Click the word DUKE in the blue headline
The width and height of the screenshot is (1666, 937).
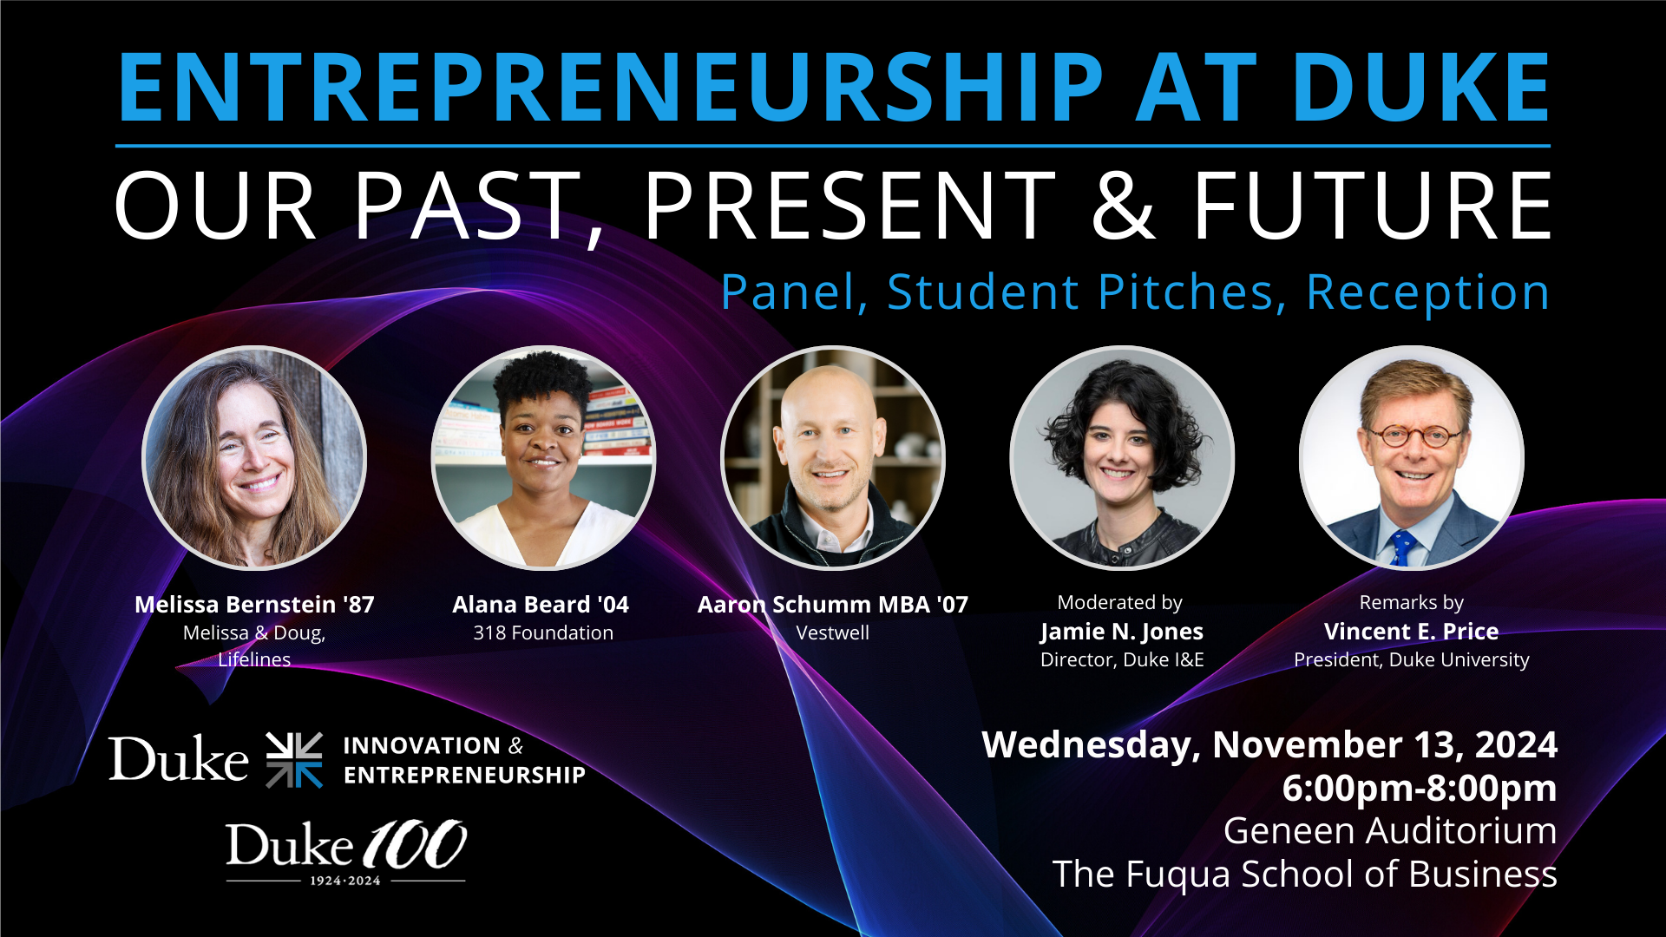point(1420,87)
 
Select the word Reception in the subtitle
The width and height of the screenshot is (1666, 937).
point(1427,292)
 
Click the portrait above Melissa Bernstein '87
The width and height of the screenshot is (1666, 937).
point(254,458)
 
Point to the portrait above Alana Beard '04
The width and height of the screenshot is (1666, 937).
point(543,458)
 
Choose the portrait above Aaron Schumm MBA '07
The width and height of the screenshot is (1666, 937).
point(833,458)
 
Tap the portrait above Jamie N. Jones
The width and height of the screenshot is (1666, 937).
point(1122,458)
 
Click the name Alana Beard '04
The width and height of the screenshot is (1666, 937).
point(541,604)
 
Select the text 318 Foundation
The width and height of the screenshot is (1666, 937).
point(543,632)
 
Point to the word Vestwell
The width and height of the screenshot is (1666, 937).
point(833,632)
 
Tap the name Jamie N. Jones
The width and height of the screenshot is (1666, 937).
point(1122,632)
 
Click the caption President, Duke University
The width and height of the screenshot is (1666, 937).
point(1412,659)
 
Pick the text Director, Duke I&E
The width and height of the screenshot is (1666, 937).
point(1122,659)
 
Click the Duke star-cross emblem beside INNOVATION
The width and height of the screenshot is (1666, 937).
point(294,760)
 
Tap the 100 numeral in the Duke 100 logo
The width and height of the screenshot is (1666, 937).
point(415,844)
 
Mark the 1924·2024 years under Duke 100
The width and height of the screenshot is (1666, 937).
point(345,881)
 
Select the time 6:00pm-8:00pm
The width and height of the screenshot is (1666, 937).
point(1420,788)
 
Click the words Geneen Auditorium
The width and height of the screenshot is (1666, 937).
point(1390,831)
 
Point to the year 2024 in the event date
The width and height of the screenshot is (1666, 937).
point(1516,745)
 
